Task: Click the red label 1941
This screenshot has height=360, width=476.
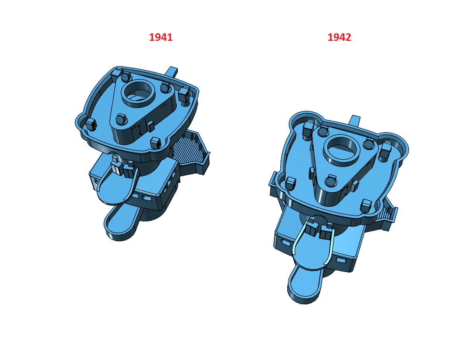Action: tap(160, 37)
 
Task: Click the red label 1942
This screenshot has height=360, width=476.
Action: tap(339, 37)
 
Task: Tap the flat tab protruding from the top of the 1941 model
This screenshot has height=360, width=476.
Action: tap(172, 72)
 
